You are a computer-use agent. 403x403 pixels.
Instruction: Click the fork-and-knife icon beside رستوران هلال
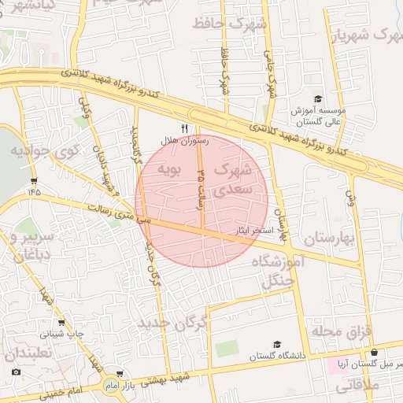point(185,128)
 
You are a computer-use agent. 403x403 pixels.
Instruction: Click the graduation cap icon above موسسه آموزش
point(318,99)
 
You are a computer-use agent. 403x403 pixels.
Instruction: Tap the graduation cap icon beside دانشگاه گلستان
point(276,345)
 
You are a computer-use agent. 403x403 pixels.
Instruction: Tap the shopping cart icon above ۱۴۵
point(33,180)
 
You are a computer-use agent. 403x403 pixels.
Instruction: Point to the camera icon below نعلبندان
point(17,372)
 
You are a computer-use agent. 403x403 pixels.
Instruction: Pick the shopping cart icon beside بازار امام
point(119,374)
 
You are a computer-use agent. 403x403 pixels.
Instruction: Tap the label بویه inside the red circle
point(169,169)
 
